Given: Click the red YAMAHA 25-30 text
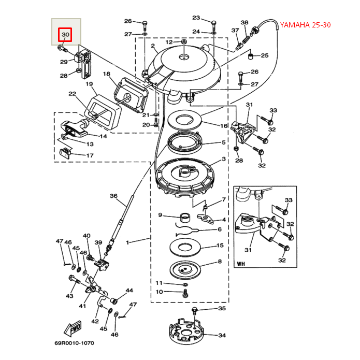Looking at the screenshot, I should [305, 25].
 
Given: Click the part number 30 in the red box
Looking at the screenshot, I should [65, 35].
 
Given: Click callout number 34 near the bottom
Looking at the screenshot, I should [222, 336].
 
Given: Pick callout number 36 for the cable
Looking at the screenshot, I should [113, 196].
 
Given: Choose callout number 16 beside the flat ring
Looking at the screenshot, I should [224, 126].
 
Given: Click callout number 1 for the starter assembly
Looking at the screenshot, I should [128, 241].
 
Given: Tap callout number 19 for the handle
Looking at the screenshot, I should [89, 84].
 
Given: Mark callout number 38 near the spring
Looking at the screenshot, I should [244, 23].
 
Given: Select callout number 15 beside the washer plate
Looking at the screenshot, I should [220, 246].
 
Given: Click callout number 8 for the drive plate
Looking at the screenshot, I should [220, 262].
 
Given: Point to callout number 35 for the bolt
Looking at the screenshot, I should [222, 309].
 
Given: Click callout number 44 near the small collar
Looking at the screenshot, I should [129, 291].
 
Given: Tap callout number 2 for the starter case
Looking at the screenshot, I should [153, 46].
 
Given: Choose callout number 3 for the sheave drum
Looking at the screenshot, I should [223, 159].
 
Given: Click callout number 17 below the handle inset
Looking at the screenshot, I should [90, 155].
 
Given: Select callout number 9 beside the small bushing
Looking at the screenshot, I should [161, 215].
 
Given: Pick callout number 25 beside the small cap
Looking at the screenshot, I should [264, 55].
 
